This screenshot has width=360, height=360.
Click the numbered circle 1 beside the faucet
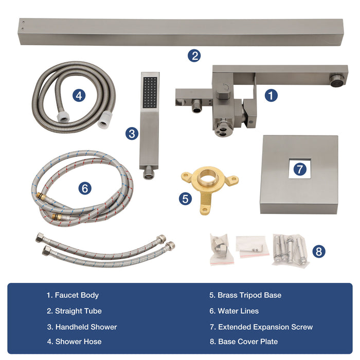pyautogui.click(x=271, y=95)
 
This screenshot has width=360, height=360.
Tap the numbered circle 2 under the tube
pyautogui.click(x=193, y=56)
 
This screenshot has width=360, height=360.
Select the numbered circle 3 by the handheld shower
pyautogui.click(x=132, y=134)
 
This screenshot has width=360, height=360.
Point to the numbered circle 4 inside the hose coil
pyautogui.click(x=78, y=95)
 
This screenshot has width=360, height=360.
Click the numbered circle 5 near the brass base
pyautogui.click(x=186, y=199)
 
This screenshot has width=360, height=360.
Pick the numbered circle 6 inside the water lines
pyautogui.click(x=85, y=188)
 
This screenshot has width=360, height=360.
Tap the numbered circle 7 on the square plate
pyautogui.click(x=299, y=168)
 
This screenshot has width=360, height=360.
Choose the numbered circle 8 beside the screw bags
pyautogui.click(x=319, y=251)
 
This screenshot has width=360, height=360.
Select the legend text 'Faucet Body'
pyautogui.click(x=73, y=295)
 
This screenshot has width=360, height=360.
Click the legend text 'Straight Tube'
pyautogui.click(x=74, y=311)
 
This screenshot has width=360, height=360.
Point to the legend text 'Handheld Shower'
pyautogui.click(x=82, y=327)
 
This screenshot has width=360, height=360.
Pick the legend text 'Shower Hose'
pyautogui.click(x=74, y=342)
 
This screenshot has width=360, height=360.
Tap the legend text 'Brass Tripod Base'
pyautogui.click(x=245, y=295)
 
